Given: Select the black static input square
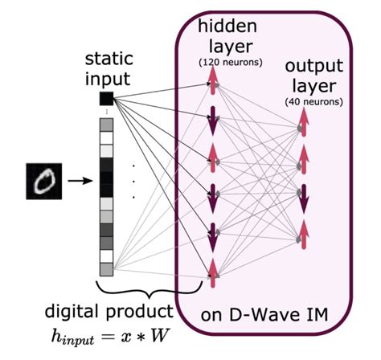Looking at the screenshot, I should (x=106, y=99).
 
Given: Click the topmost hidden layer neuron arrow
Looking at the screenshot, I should (x=214, y=77).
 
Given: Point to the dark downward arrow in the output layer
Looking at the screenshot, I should (x=303, y=202).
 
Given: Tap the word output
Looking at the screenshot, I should (x=310, y=69).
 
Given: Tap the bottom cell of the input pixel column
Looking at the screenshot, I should (x=106, y=268).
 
